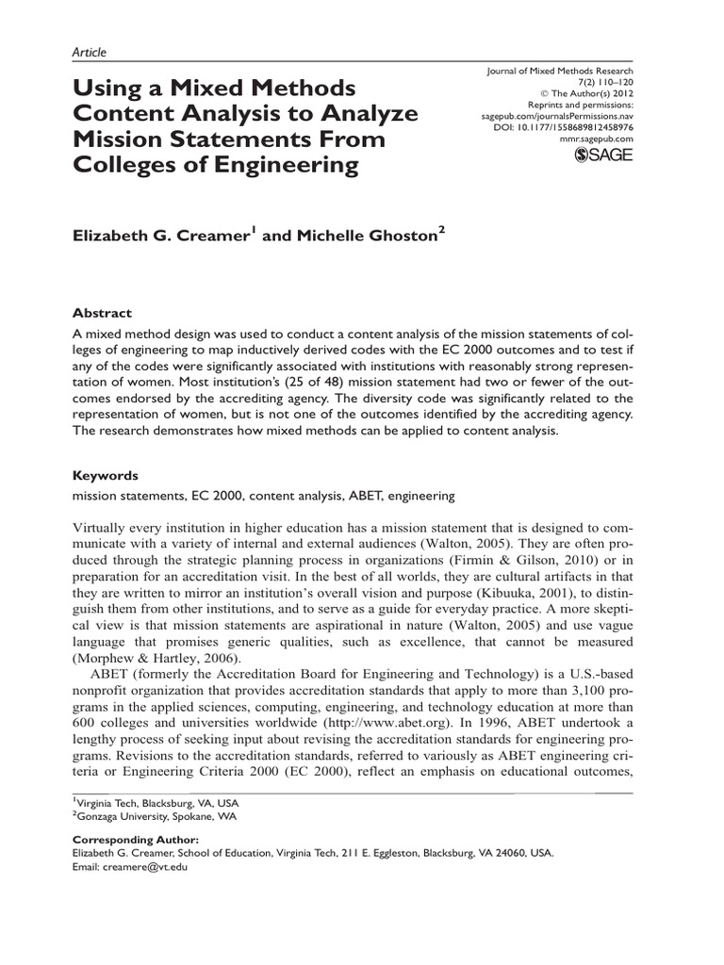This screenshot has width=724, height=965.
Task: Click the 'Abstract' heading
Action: tap(103, 313)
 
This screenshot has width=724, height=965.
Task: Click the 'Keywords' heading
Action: tap(106, 476)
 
